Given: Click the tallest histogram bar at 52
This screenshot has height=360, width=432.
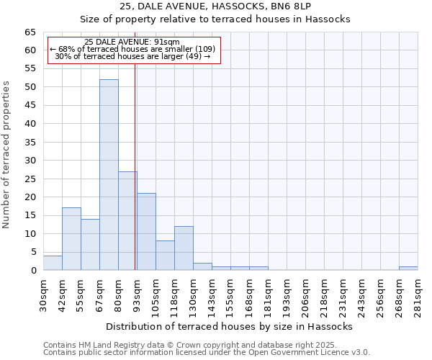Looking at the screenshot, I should pos(109,175).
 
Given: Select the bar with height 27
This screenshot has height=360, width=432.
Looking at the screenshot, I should pos(127,220).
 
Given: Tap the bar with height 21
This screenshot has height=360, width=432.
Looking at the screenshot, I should pos(146,232).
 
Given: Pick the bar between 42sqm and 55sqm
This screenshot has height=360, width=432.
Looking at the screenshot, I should pos(71,239).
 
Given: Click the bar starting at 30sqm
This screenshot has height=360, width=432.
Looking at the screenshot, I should pos(53,263).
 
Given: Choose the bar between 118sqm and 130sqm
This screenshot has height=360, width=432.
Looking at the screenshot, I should pos(184,248).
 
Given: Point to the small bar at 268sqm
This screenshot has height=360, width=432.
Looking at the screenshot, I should pos(408,269).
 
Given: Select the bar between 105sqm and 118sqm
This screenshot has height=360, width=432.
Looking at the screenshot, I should pos(165,256).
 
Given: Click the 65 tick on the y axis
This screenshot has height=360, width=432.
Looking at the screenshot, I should pos(30,32).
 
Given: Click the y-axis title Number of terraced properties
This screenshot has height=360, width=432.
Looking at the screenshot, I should pos(7,155).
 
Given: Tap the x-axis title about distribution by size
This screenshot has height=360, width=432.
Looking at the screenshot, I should pos(229,326).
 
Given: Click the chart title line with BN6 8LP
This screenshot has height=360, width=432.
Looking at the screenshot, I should pos(215,6).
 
